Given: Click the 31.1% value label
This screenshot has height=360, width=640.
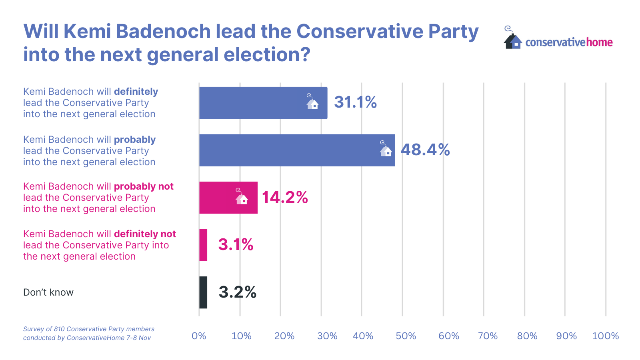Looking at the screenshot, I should click(355, 102).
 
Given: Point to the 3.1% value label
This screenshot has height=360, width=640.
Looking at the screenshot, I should click(236, 245).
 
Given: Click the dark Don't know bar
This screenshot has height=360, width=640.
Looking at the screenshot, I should click(203, 292).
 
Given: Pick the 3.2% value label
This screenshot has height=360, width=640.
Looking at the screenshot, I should click(237, 292).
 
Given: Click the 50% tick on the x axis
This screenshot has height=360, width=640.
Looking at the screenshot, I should click(406, 336).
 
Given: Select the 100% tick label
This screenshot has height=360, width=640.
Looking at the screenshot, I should click(605, 336).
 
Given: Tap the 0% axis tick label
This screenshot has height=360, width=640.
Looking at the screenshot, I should click(199, 336).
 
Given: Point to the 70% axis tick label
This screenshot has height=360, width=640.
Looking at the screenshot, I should click(488, 336).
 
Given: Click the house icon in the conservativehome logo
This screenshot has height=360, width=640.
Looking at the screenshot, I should click(513, 40).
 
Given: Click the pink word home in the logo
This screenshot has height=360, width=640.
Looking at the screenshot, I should click(599, 42).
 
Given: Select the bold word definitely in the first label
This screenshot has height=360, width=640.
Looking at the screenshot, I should click(136, 92).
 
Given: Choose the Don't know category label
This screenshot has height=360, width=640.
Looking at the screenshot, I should click(48, 292).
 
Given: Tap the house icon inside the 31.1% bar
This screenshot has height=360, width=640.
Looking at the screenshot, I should click(312, 103).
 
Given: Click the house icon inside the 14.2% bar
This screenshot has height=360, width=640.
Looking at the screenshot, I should click(242, 198).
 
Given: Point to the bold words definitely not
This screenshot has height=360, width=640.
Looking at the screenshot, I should click(145, 234).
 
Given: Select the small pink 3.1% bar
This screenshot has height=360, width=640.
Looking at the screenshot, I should click(203, 245).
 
